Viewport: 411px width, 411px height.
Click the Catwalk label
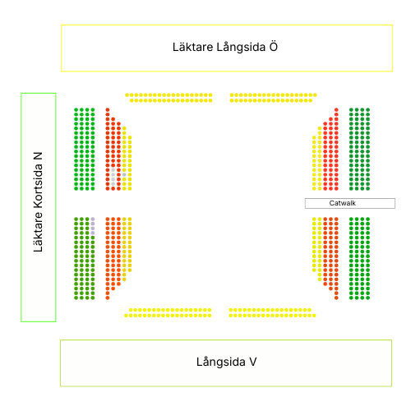point(342,203)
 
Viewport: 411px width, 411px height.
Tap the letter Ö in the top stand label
point(273,47)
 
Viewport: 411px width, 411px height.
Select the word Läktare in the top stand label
point(192,47)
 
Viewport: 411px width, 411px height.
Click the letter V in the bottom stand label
point(253,362)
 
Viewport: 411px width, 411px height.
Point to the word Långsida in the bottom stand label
point(221,363)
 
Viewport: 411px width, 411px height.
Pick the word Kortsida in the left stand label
point(38,187)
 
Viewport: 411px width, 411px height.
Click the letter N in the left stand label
point(38,156)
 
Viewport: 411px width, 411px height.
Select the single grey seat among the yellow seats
point(124,174)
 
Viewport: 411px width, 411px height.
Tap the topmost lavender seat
point(93,219)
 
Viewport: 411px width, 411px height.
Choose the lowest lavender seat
point(93,233)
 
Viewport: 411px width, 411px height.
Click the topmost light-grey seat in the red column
point(113,170)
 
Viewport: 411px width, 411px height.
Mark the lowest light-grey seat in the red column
point(113,184)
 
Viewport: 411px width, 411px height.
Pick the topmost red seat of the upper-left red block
point(108,110)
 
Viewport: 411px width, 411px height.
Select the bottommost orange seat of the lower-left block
point(108,298)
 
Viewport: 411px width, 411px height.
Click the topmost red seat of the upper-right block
point(336,110)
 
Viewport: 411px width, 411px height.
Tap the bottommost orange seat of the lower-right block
point(336,298)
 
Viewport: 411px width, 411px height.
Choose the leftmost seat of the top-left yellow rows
point(127,95)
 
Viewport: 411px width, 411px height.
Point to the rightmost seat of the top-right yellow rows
point(315,95)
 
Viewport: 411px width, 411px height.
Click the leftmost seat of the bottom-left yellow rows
point(126,316)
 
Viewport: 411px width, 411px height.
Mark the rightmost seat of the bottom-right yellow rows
point(314,316)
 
